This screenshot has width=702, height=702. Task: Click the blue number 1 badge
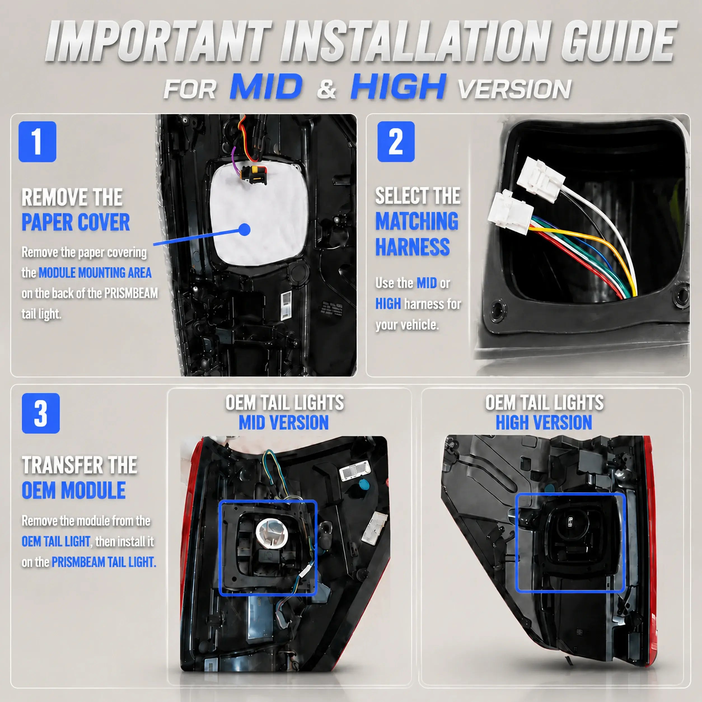tap(38, 142)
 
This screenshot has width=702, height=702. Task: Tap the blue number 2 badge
tap(396, 142)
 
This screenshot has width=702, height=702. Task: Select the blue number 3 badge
tap(41, 413)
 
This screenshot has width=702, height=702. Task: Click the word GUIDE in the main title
tap(618, 42)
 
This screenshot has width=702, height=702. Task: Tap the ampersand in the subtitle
tap(327, 89)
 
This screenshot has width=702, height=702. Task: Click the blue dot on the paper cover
tap(245, 229)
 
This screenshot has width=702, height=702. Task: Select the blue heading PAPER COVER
tap(76, 222)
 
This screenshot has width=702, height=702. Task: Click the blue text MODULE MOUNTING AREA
tap(95, 273)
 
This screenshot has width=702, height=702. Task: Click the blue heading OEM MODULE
tap(74, 490)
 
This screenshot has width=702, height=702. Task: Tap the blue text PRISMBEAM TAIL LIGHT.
tap(104, 562)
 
